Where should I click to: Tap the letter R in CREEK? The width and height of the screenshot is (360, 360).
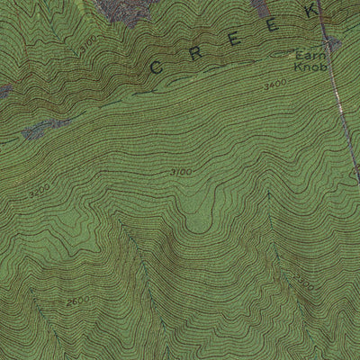tap(194, 52)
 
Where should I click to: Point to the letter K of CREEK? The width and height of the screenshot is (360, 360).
tap(311, 12)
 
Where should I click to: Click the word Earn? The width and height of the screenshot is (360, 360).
tap(307, 55)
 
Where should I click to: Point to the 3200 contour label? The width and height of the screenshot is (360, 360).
tap(40, 192)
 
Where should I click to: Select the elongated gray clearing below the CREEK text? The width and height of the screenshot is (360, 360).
tap(45, 129)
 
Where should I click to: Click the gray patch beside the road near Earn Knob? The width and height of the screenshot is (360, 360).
tap(333, 43)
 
